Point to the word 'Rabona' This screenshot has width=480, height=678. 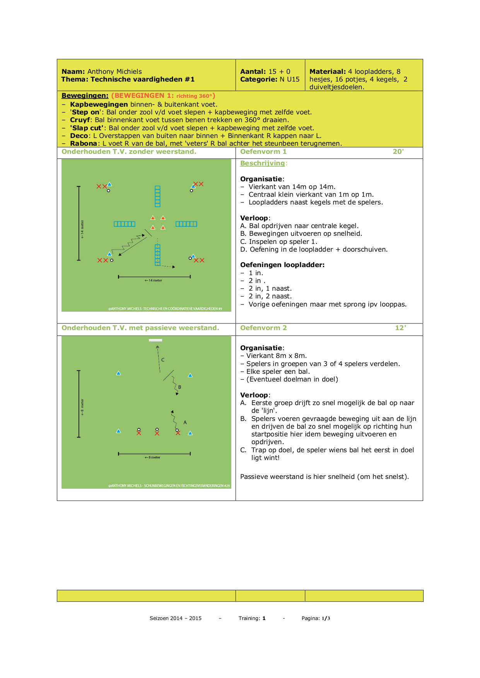coord(84,143)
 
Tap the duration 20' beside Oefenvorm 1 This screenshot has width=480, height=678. coord(398,152)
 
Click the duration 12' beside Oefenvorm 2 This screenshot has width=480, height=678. coord(400,328)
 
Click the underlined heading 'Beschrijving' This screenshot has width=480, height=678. coord(263,163)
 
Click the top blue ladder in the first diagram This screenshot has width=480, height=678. coord(157,196)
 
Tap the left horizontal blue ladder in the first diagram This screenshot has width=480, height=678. coord(125,224)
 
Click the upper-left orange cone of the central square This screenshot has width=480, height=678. coord(153,218)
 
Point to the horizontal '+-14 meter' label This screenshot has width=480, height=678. coord(154,280)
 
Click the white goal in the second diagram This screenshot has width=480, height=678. coord(155,341)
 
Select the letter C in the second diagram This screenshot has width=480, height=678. coord(163,360)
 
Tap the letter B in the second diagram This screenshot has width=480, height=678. coord(179,387)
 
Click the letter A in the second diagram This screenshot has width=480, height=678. coord(185,422)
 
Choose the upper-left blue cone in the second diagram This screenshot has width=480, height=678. coord(118,373)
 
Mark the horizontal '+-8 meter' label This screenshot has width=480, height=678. coord(152,457)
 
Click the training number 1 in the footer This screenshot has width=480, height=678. coord(264,618)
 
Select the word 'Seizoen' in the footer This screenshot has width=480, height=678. coord(159,618)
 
